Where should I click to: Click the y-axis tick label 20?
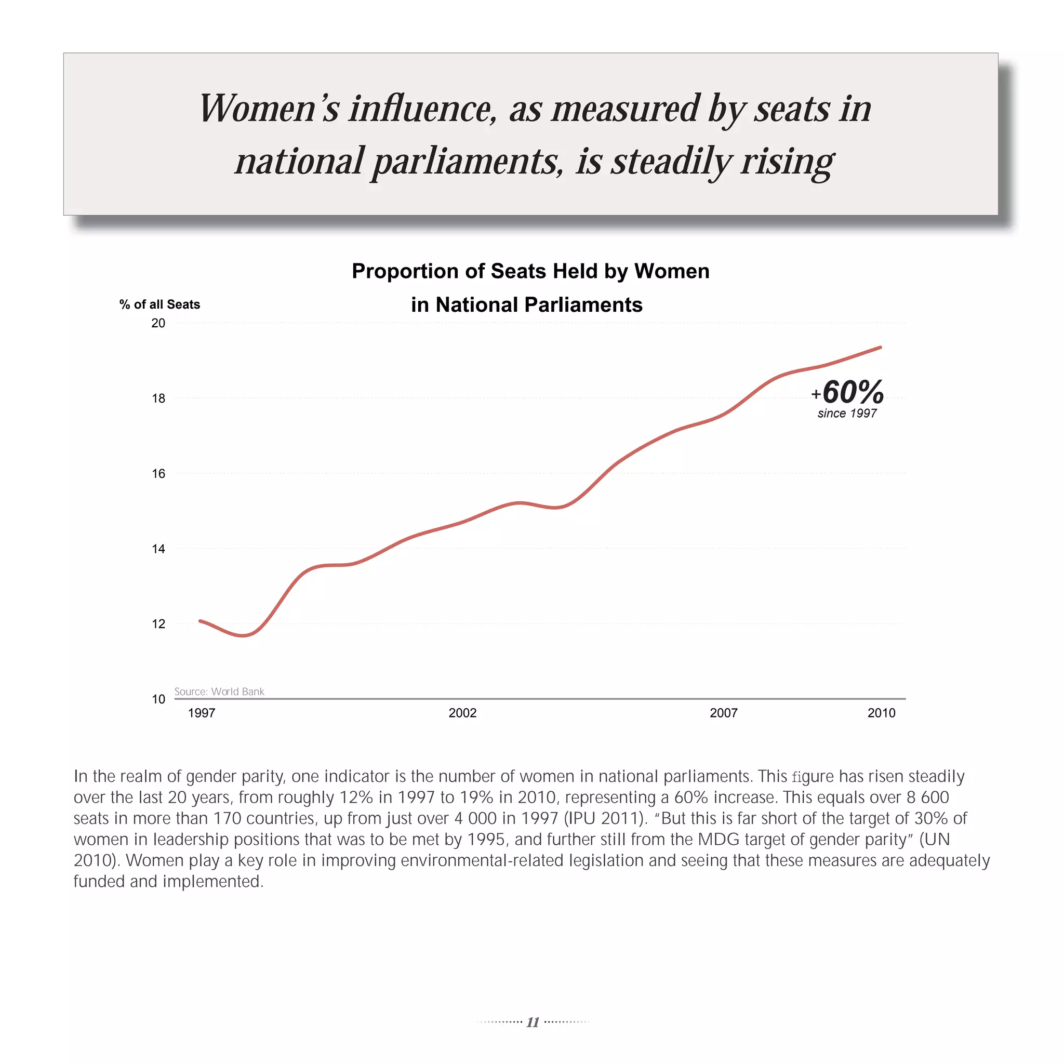[158, 323]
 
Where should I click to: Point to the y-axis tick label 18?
[158, 398]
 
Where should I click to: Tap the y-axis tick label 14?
[158, 549]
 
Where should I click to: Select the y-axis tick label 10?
[158, 699]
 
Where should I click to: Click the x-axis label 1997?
[202, 713]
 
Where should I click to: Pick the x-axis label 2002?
[462, 713]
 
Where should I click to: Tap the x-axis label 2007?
[723, 713]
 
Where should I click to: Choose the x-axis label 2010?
[881, 713]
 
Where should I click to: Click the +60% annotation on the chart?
[847, 392]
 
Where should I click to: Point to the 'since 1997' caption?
[847, 414]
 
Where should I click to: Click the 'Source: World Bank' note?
[219, 691]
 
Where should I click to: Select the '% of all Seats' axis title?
[159, 304]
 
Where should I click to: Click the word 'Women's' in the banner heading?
[269, 109]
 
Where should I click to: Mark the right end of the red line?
[880, 348]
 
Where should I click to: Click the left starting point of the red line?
[201, 621]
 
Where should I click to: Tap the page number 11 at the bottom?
[533, 1022]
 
